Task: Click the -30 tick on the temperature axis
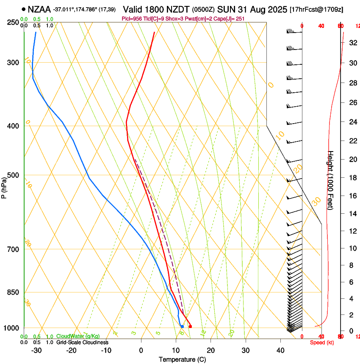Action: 36,350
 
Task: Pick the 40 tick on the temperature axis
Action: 280,350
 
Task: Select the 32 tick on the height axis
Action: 352,42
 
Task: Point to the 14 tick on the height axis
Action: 352,214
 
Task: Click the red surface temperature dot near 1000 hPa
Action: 190,326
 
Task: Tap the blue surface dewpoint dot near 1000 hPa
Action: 182,326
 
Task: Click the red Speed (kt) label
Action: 322,342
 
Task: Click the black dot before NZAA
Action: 24,9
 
